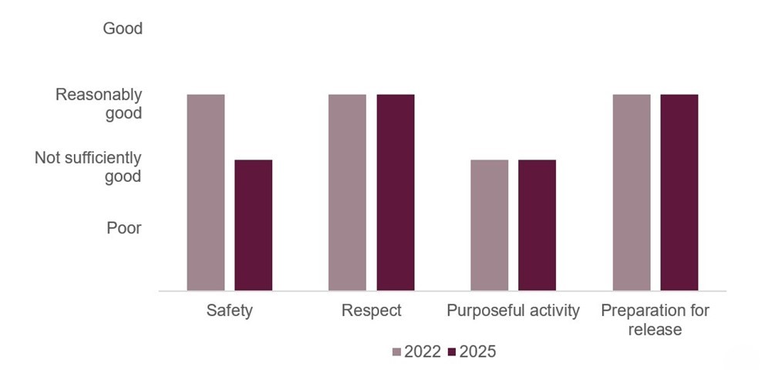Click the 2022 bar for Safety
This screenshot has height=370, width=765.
point(206,193)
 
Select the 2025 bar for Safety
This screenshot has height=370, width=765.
point(254,225)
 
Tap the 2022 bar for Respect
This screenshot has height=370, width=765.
point(348,193)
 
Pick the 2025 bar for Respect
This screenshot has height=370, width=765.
point(396,193)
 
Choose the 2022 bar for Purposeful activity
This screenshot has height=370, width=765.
point(490,225)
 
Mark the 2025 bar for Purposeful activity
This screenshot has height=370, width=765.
point(538,225)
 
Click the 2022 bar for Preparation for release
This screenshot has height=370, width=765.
point(632,193)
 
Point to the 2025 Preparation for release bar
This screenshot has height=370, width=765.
point(679,193)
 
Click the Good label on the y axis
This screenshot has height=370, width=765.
point(123,29)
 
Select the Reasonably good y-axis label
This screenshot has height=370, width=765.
point(99,104)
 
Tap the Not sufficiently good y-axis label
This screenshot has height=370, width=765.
point(88,167)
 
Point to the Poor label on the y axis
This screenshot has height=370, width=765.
point(123,228)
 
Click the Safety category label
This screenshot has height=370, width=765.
point(229,311)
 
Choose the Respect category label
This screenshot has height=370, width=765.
point(372,311)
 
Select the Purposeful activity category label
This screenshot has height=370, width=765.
point(513,311)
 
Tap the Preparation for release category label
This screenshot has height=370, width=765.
point(655,320)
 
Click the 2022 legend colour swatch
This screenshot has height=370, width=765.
point(397,352)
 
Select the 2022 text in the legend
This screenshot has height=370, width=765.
point(423,352)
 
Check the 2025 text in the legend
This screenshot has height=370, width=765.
point(477,352)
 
